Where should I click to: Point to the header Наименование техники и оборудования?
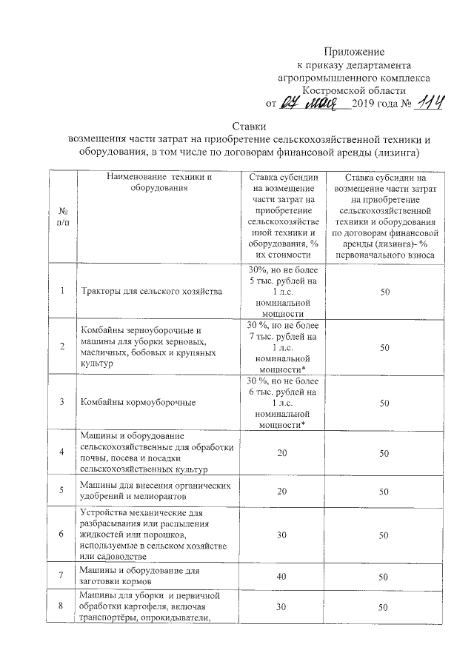point(159,182)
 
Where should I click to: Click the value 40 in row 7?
point(281,575)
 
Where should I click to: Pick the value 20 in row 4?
point(281,452)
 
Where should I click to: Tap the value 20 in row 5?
point(281,490)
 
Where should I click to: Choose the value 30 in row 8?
point(281,608)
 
